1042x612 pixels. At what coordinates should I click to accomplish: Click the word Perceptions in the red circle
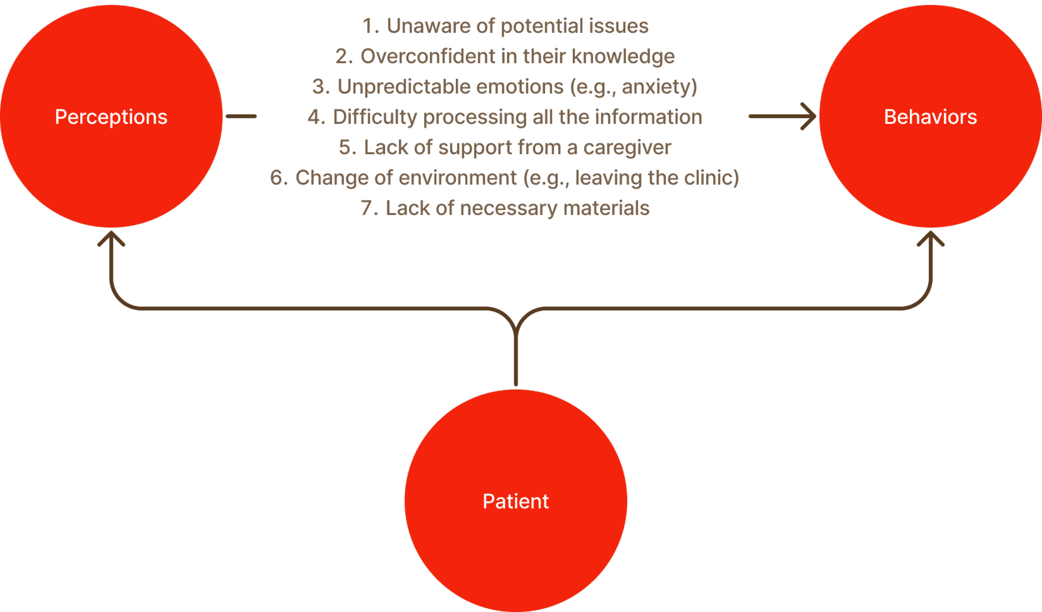tap(111, 117)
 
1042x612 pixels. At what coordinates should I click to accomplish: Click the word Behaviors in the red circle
tap(930, 117)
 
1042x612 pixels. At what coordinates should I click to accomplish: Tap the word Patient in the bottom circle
tap(516, 501)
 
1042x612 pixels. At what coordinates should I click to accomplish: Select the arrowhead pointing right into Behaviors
tap(809, 117)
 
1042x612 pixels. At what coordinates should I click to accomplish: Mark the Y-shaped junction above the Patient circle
tap(516, 323)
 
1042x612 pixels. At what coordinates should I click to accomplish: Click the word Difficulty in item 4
tap(375, 117)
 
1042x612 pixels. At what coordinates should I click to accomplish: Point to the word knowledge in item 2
tap(623, 56)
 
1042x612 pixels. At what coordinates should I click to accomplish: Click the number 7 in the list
tap(367, 208)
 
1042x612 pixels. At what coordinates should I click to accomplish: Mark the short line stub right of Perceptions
tap(241, 117)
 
